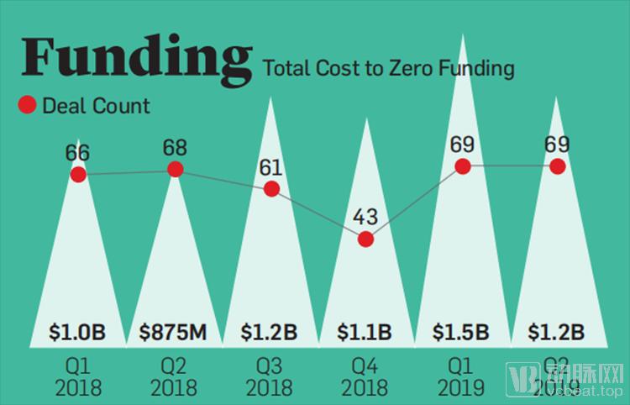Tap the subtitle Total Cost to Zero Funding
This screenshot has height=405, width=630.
click(388, 68)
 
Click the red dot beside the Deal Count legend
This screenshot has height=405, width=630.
click(26, 105)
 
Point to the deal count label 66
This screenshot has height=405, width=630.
click(77, 154)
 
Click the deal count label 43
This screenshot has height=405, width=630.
click(365, 218)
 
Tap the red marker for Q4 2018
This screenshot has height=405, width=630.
click(365, 239)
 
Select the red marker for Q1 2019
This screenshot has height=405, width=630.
click(461, 166)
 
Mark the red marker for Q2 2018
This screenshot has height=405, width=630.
click(176, 169)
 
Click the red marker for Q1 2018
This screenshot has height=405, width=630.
click(78, 174)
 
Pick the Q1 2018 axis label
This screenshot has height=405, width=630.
click(77, 376)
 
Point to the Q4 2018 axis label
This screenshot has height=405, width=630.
click(365, 376)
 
